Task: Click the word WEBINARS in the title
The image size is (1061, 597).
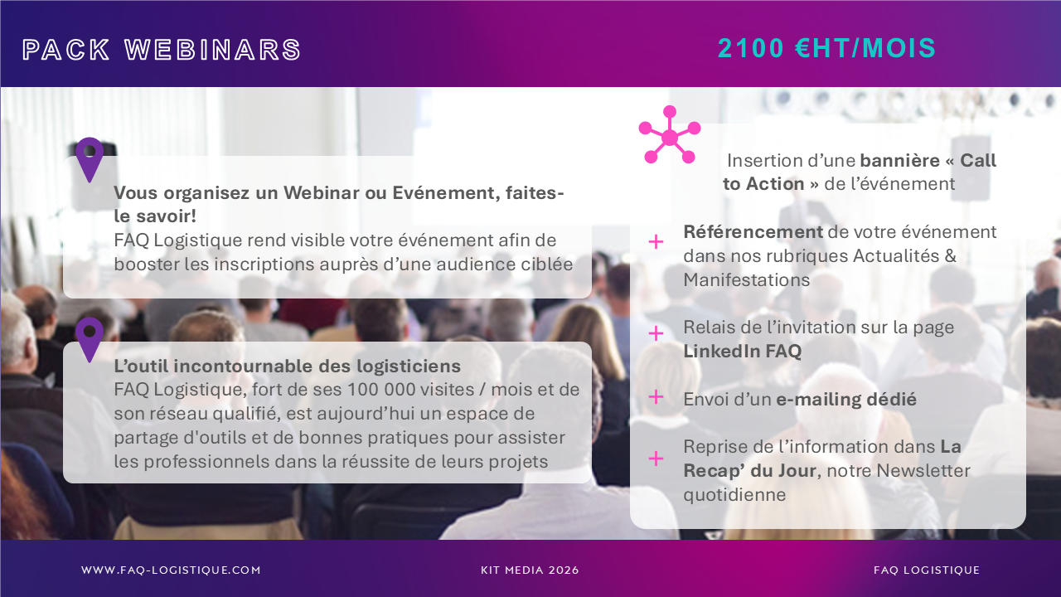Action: (213, 50)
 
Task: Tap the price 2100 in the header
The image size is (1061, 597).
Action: (751, 48)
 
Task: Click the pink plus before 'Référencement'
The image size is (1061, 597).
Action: (656, 242)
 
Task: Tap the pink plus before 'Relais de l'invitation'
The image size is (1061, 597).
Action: (656, 333)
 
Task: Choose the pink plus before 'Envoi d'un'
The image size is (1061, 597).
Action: (656, 397)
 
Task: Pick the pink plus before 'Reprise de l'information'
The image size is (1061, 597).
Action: (656, 459)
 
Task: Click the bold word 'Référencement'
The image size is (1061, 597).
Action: (753, 232)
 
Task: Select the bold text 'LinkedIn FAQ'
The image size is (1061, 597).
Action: (742, 351)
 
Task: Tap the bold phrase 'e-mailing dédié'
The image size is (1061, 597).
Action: (846, 400)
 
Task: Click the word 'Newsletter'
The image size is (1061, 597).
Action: (923, 471)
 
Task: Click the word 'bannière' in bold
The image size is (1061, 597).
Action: (900, 161)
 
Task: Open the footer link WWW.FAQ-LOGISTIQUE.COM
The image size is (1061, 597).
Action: (171, 570)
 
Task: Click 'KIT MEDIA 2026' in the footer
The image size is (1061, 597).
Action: (530, 570)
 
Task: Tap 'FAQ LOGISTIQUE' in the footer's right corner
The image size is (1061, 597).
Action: (927, 570)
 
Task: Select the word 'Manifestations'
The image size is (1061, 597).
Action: (747, 280)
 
